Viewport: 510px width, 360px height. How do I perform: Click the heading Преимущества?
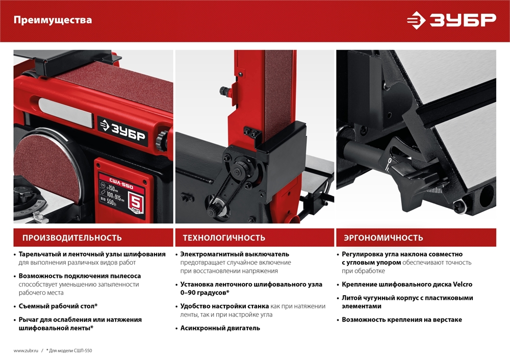[53, 20]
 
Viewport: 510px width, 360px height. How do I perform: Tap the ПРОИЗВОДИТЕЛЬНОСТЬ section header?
[72, 238]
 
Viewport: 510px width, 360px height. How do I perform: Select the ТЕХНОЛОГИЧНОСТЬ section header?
[224, 238]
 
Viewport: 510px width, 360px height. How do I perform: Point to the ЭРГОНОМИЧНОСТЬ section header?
[383, 238]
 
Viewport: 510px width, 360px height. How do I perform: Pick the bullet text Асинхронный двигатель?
[220, 328]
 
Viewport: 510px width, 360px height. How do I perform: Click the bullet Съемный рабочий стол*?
[58, 306]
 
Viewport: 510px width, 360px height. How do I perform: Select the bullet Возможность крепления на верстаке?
[402, 320]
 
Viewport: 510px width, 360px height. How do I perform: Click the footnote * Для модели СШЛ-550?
[69, 351]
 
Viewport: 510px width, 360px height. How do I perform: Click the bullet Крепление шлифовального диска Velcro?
[407, 284]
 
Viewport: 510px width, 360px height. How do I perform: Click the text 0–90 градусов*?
[205, 293]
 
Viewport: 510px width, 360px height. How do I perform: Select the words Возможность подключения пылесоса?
[80, 276]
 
